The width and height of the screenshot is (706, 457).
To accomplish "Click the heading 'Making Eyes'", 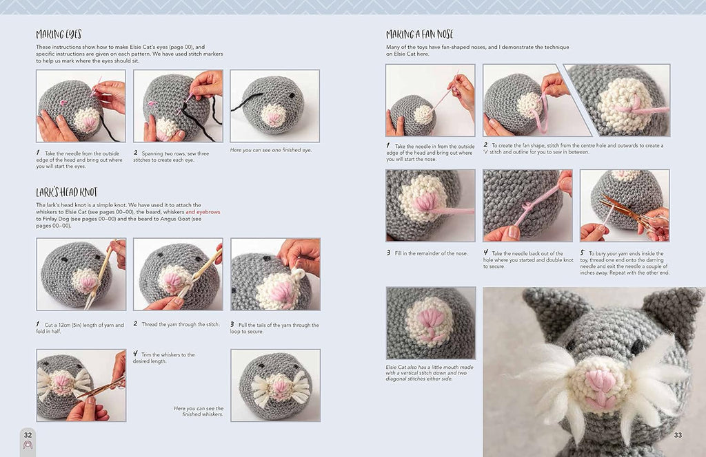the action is tap(59, 34).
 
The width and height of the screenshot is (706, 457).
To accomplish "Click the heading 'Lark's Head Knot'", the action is tap(67, 193).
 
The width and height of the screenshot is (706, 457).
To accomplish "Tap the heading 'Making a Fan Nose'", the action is tap(420, 34).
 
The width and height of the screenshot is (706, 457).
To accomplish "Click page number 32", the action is tap(28, 434).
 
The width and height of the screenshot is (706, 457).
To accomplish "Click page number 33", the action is tap(678, 434).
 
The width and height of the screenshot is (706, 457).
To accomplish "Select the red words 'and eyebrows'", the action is tap(203, 212).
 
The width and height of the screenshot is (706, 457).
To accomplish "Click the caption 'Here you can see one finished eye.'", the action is tap(271, 150).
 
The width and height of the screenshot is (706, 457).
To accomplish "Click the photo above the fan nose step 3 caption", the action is tap(430, 205).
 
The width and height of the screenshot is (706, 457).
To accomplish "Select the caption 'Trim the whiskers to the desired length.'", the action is tap(164, 358).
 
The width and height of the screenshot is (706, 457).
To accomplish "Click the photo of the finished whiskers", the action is tap(276, 385).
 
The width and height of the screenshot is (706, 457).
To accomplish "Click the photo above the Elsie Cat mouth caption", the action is tap(431, 323).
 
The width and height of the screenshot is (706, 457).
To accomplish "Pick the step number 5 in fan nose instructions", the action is tap(582, 253).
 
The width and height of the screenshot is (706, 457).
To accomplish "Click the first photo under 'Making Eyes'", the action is tap(81, 106).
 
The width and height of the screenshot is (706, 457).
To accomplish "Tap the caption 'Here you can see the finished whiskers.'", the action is tap(199, 411).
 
